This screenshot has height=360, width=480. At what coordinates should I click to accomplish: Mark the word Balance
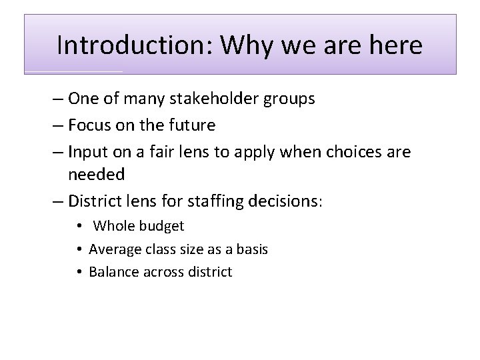[x=112, y=271]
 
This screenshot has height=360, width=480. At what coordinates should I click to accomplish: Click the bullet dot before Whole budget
[x=80, y=226]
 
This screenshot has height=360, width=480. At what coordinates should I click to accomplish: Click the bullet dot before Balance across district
[x=80, y=271]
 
